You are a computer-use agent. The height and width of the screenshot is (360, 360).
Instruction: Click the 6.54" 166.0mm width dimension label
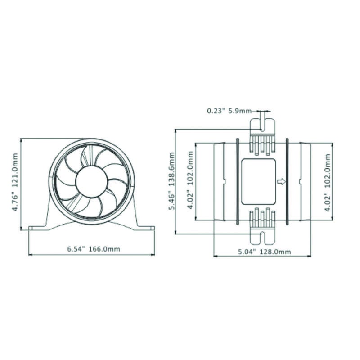[94, 249]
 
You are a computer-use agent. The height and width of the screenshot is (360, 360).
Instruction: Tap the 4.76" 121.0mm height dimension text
[15, 182]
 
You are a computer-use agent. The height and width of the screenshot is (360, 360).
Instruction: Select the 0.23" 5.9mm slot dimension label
[229, 111]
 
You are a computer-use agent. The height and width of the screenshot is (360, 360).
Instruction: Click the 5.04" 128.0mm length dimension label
[264, 252]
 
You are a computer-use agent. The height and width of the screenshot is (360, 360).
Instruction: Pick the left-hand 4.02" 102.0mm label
[191, 180]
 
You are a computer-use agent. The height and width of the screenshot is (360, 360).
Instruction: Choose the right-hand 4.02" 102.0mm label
[328, 182]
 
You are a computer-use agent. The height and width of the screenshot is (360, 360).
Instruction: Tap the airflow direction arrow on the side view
[282, 182]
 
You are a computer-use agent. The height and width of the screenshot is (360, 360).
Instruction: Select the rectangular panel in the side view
[258, 181]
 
